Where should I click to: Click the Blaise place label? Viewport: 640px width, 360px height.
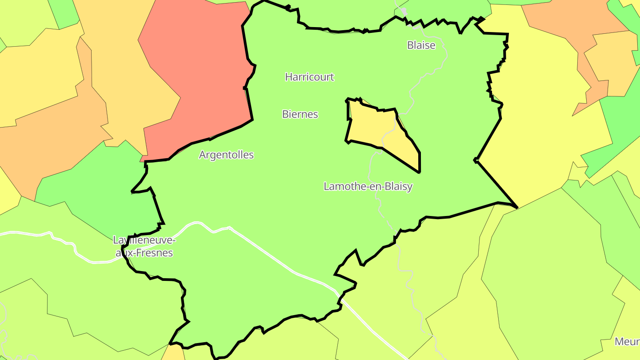(x=421, y=45)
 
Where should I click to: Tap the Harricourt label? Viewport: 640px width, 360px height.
(x=309, y=77)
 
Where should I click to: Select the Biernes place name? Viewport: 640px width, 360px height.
(x=300, y=114)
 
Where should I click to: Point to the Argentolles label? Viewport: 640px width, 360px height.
(x=226, y=155)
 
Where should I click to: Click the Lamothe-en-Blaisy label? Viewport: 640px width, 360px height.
(x=368, y=186)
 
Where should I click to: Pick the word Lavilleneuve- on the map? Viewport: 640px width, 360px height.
(x=144, y=240)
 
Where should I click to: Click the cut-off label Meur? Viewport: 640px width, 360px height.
(x=627, y=341)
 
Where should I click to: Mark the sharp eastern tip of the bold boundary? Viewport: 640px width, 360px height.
(x=517, y=208)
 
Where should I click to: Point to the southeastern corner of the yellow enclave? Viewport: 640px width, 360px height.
(x=419, y=172)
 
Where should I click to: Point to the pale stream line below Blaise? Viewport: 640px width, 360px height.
(x=444, y=62)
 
